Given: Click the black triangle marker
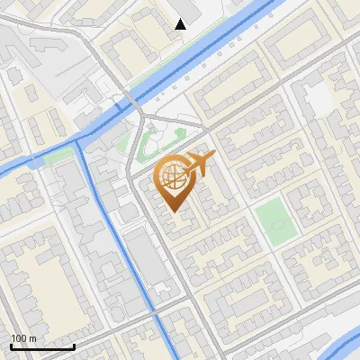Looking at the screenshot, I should pyautogui.click(x=181, y=24).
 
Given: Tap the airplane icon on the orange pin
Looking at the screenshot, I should pyautogui.click(x=199, y=163).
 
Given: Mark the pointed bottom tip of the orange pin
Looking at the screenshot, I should pyautogui.click(x=172, y=211).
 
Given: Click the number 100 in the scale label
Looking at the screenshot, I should pyautogui.click(x=18, y=338).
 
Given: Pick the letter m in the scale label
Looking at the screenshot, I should pyautogui.click(x=32, y=338).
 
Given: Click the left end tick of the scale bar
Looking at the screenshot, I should pyautogui.click(x=11, y=346).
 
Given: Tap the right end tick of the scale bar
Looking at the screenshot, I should pyautogui.click(x=74, y=346).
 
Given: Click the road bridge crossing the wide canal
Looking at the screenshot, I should pyautogui.click(x=131, y=101).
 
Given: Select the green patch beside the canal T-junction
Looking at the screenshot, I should pyautogui.click(x=58, y=156).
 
